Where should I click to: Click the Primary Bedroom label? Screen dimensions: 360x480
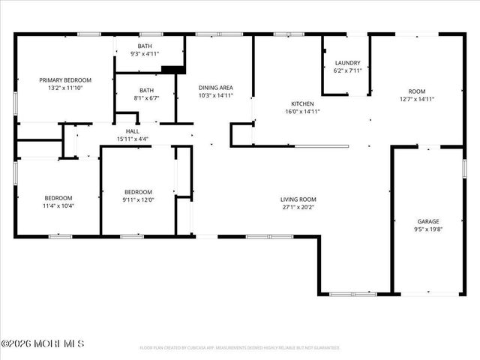pyautogui.click(x=65, y=80)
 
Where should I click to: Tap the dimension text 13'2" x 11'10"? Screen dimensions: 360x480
pyautogui.click(x=65, y=88)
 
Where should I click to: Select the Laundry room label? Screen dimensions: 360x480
pyautogui.click(x=347, y=63)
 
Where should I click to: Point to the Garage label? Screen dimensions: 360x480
pyautogui.click(x=428, y=221)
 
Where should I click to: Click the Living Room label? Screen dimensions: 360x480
pyautogui.click(x=298, y=199)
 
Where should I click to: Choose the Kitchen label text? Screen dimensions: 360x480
pyautogui.click(x=302, y=103)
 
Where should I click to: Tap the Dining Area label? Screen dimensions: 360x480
pyautogui.click(x=216, y=88)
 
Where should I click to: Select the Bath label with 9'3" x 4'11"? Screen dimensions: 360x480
pyautogui.click(x=145, y=46)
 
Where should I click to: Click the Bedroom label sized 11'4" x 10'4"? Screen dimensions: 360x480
pyautogui.click(x=58, y=198)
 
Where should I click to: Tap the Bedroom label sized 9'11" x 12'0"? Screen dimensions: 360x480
pyautogui.click(x=138, y=191)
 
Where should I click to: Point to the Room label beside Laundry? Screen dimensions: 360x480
pyautogui.click(x=417, y=90)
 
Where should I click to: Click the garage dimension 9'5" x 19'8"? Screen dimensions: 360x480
pyautogui.click(x=428, y=229)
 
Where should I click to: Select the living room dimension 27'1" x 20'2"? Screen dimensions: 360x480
pyautogui.click(x=298, y=207)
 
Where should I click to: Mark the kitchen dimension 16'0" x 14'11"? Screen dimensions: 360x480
pyautogui.click(x=302, y=112)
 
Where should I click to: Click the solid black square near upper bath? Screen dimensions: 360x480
pyautogui.click(x=173, y=70)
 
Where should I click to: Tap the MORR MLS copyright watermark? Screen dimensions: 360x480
pyautogui.click(x=43, y=343)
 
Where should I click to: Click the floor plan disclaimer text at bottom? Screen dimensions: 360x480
pyautogui.click(x=240, y=348)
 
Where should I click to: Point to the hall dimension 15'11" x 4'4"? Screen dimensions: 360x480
pyautogui.click(x=132, y=139)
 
